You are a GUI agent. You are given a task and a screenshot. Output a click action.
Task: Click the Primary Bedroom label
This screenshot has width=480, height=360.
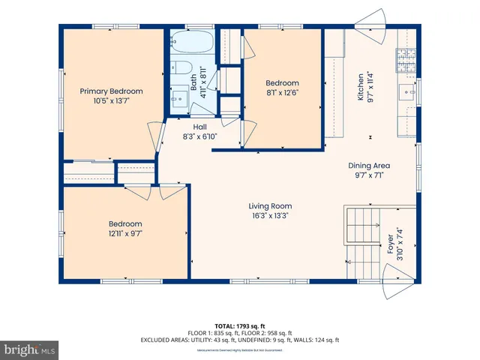click(x=112, y=91)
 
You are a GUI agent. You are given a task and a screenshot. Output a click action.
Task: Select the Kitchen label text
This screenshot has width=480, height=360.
click(x=361, y=87)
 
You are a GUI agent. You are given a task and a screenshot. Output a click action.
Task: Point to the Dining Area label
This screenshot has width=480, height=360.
click(x=369, y=165)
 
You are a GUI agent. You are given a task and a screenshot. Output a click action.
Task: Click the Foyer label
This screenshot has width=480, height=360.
click(x=389, y=247)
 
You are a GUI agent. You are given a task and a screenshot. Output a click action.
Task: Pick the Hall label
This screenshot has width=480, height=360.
click(x=199, y=127)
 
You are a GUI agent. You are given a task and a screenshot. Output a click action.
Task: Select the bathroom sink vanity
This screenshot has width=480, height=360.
click(x=179, y=97)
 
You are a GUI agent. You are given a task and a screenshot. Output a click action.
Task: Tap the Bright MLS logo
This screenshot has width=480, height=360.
click(x=30, y=349)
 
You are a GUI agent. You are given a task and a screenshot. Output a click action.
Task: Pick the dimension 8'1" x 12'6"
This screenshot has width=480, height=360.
click(x=283, y=92)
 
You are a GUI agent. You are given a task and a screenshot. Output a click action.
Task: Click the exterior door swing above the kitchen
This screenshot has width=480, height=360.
click(x=372, y=17)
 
